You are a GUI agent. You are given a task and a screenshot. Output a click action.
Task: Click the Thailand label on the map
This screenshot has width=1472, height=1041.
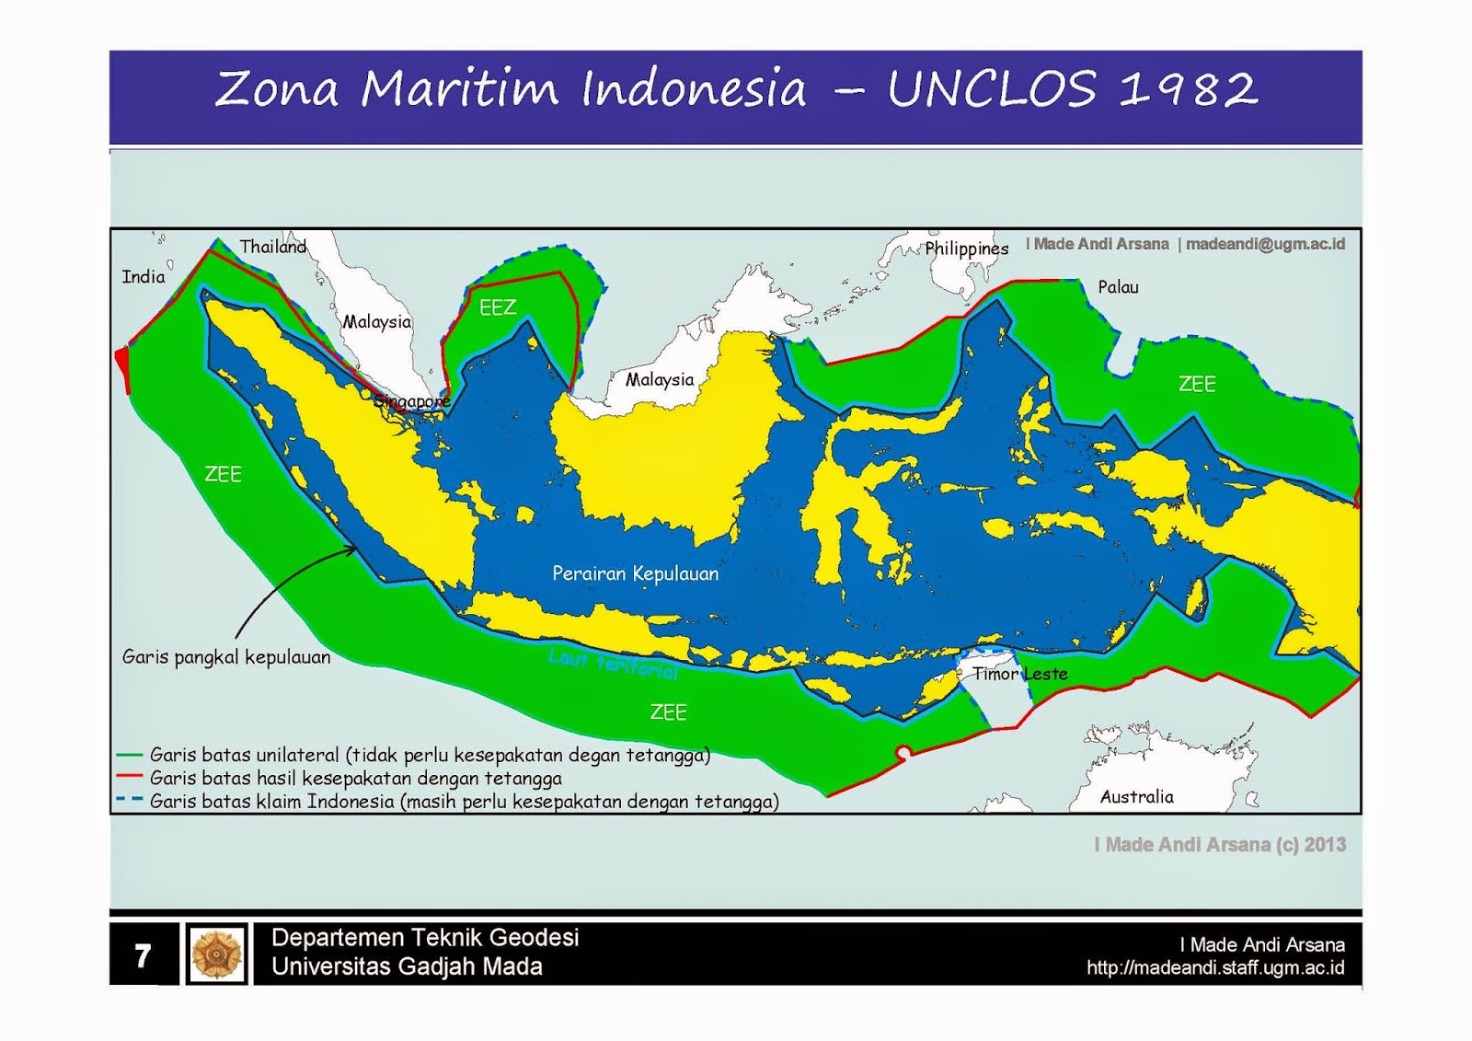pyautogui.click(x=272, y=247)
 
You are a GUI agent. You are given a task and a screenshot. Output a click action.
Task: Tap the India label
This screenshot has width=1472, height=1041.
pyautogui.click(x=144, y=277)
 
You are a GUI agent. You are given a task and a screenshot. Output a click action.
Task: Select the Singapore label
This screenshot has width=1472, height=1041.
pyautogui.click(x=412, y=401)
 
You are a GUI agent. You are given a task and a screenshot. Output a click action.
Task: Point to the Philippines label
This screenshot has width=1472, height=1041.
pyautogui.click(x=966, y=249)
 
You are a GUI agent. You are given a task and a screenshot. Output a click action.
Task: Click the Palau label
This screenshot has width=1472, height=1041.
pyautogui.click(x=1118, y=287)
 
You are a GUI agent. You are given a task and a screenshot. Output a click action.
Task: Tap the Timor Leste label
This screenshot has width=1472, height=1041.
pyautogui.click(x=1020, y=674)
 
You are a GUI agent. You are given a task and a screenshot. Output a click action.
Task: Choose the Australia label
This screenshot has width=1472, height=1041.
pyautogui.click(x=1137, y=797)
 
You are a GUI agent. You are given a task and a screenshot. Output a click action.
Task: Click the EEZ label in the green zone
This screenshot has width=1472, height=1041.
pyautogui.click(x=498, y=307)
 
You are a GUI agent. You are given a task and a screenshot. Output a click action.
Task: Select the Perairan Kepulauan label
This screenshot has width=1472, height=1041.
pyautogui.click(x=635, y=573)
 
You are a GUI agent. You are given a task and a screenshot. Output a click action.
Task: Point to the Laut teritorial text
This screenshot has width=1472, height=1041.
pyautogui.click(x=614, y=663)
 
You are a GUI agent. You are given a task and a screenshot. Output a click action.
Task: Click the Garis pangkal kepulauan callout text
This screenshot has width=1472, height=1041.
pyautogui.click(x=226, y=657)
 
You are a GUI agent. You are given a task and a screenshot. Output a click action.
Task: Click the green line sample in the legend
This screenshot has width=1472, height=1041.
pyautogui.click(x=129, y=755)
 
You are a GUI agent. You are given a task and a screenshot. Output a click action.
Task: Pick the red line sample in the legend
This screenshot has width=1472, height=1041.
pyautogui.click(x=129, y=778)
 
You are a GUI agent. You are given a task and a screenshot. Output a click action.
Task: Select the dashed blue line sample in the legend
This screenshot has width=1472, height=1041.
pyautogui.click(x=129, y=800)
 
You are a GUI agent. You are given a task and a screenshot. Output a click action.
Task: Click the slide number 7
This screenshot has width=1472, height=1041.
pyautogui.click(x=143, y=955)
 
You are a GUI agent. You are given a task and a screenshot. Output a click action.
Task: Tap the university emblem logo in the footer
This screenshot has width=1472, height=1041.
pyautogui.click(x=217, y=954)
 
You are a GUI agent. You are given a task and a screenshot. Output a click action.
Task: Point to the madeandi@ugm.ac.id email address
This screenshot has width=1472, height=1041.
pyautogui.click(x=1265, y=244)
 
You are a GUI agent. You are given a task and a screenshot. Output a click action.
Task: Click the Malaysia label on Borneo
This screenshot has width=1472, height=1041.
pyautogui.click(x=660, y=379)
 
